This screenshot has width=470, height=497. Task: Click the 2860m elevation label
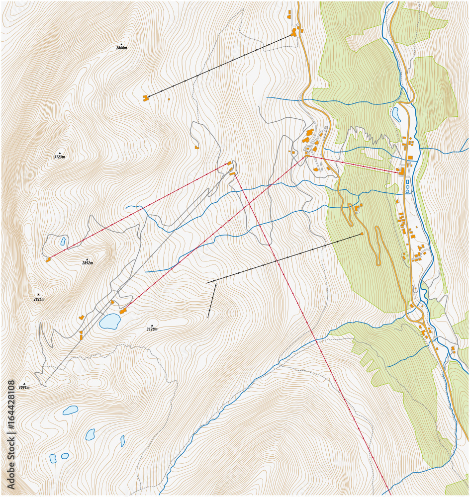tap(121, 48)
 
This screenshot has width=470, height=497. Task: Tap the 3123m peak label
tap(59, 157)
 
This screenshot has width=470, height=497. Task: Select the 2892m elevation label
tap(87, 263)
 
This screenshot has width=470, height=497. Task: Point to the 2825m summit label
tap(39, 299)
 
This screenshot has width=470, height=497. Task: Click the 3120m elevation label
tap(152, 329)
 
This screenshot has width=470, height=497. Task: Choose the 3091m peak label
tap(24, 387)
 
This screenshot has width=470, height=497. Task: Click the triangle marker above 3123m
tap(60, 153)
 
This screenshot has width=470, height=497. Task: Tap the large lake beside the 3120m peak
tap(109, 321)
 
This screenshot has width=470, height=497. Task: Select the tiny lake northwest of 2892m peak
tap(63, 242)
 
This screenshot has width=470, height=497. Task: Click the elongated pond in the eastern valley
tap(396, 114)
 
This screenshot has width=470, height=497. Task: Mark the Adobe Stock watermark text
tap(11, 434)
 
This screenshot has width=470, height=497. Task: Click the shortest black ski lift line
tap(212, 300)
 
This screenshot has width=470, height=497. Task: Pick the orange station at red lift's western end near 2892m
tap(48, 259)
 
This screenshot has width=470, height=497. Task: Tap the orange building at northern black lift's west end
tap(145, 98)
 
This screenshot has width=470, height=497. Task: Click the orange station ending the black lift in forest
tap(362, 234)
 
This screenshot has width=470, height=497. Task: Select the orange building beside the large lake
tap(123, 311)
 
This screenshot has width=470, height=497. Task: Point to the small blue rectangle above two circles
tap(407, 182)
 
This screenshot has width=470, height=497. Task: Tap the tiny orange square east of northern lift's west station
tap(169, 99)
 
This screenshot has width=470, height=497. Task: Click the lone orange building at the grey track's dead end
tap(197, 147)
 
